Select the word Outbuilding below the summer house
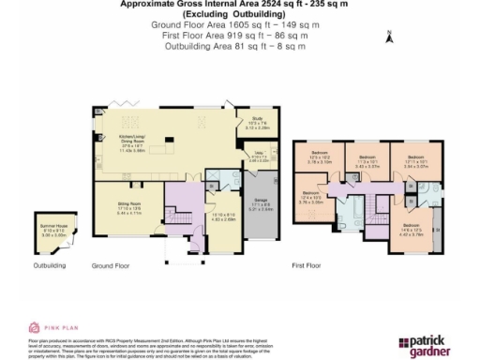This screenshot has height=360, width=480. [x=49, y=265]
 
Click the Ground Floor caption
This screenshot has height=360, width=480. [x=110, y=265]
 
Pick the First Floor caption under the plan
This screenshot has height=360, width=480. [x=307, y=265]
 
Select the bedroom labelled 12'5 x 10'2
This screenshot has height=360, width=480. [x=319, y=157]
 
